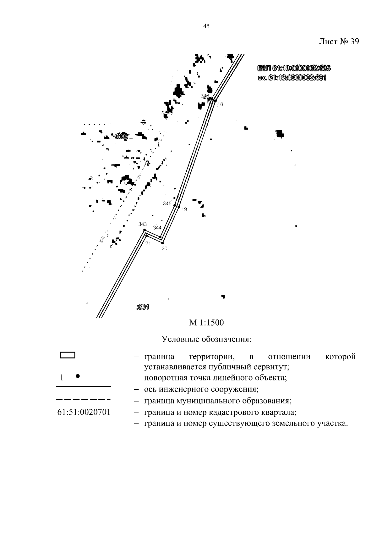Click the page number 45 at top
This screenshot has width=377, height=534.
pos(206,26)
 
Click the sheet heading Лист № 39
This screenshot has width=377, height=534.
pos(338,42)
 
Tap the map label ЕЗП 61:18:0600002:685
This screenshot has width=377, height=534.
pos(293,68)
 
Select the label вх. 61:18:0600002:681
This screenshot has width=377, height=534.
pos(292,77)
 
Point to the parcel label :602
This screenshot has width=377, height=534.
pos(122,136)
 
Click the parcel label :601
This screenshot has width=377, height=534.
pos(143,307)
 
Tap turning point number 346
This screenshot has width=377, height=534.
pos(205,96)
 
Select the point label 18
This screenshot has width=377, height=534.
pos(220,104)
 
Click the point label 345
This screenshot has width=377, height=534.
pos(167,203)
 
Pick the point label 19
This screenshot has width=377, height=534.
pos(184,209)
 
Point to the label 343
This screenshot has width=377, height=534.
pos(143,224)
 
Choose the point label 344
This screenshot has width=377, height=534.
pos(157,228)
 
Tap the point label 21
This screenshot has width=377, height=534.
pos(148,243)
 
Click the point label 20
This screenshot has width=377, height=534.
pos(164,249)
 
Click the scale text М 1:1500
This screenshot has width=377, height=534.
pos(206,323)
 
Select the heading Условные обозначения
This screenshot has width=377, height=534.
pos(206,339)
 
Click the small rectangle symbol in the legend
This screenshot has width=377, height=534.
pos(67,355)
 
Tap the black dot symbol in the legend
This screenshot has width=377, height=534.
pos(77,376)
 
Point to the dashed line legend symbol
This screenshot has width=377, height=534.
pos(83,400)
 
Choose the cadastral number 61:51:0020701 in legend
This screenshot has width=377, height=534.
pos(84,412)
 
